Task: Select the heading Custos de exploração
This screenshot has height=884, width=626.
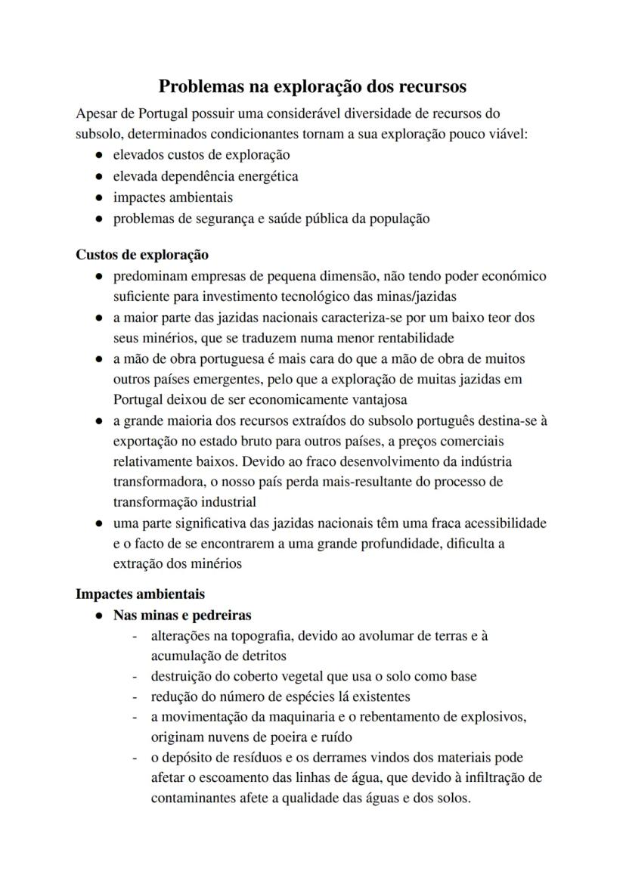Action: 142,255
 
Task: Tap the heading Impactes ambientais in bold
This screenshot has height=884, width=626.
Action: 140,594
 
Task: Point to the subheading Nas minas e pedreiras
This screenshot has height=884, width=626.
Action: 182,616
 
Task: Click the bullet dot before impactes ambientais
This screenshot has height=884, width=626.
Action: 99,198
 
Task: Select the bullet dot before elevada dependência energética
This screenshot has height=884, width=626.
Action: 99,177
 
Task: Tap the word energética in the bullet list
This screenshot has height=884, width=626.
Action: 268,176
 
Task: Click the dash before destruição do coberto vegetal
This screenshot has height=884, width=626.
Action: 134,677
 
